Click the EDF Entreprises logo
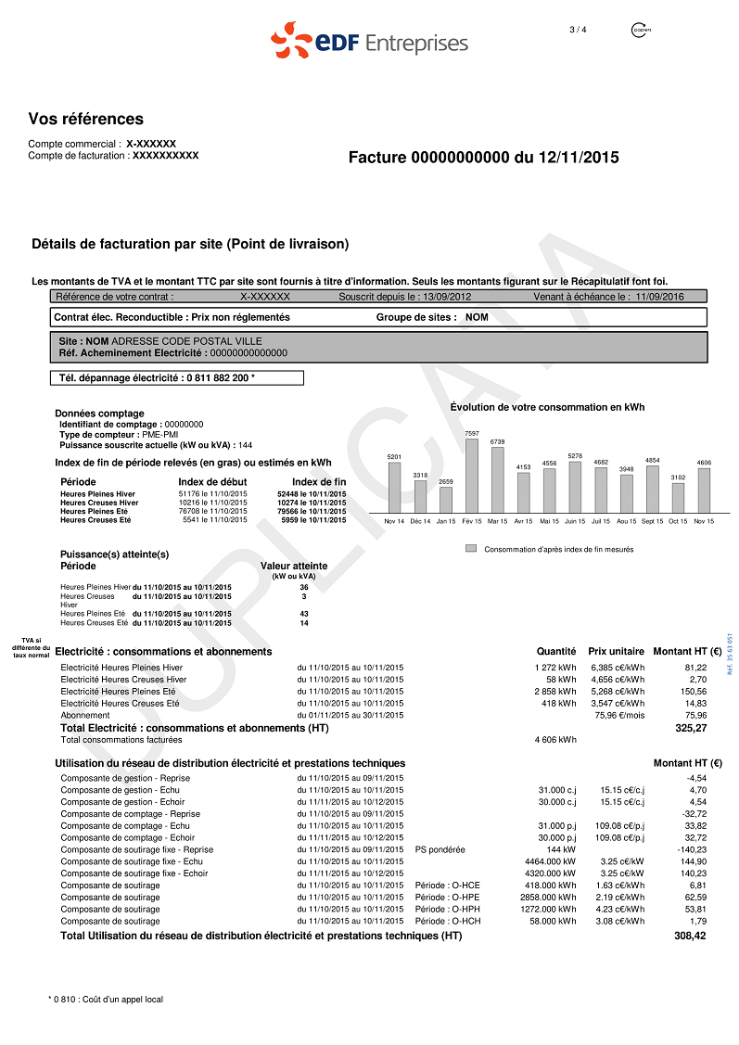369,42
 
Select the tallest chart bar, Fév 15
471,476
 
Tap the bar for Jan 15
446,500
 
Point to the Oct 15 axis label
678,521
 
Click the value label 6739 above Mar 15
497,441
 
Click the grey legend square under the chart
471,549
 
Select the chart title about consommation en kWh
546,407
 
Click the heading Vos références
86,119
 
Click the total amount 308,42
690,937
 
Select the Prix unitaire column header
616,652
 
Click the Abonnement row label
85,715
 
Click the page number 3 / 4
578,30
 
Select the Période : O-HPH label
448,910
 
